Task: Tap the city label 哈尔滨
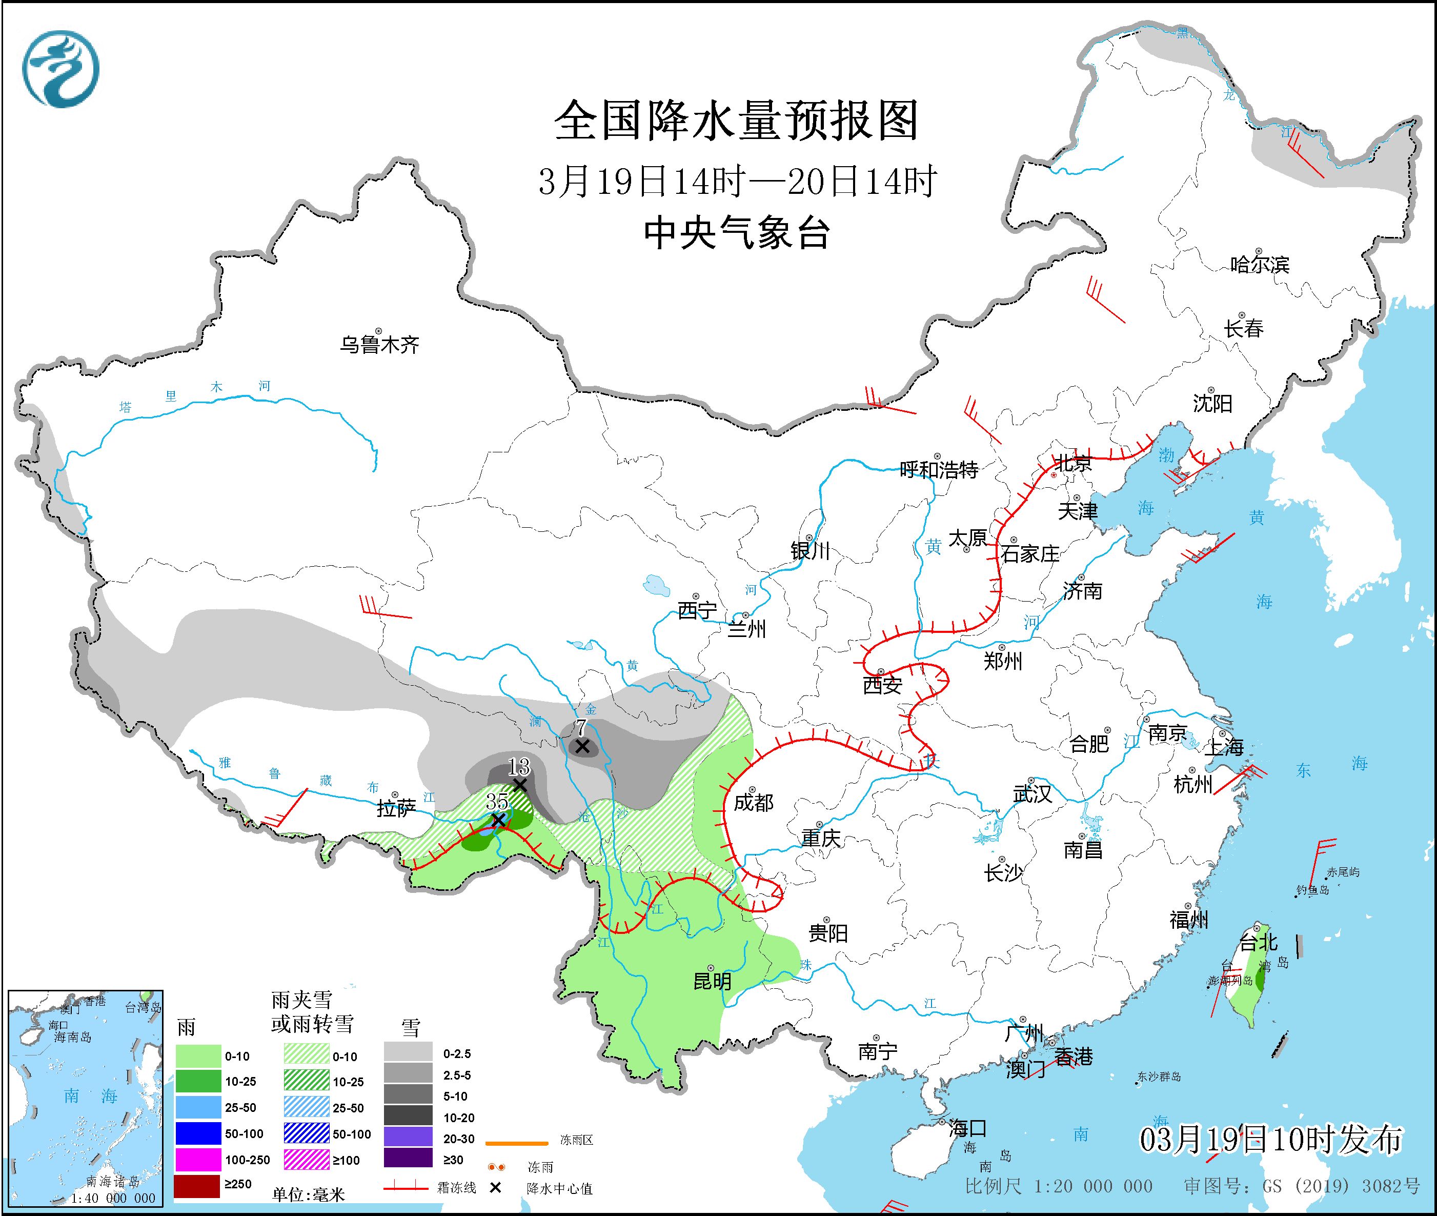pyautogui.click(x=1259, y=265)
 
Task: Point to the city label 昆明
pyautogui.click(x=712, y=981)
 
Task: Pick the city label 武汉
pyautogui.click(x=1033, y=793)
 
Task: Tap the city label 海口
pyautogui.click(x=967, y=1128)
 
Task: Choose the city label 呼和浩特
pyautogui.click(x=939, y=470)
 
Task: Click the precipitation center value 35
pyautogui.click(x=497, y=801)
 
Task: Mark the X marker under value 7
pyautogui.click(x=582, y=747)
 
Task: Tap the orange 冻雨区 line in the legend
pyautogui.click(x=517, y=1143)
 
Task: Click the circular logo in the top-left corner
pyautogui.click(x=60, y=69)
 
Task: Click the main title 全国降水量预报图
pyautogui.click(x=736, y=121)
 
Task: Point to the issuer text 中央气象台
pyautogui.click(x=736, y=233)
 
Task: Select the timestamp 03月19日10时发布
pyautogui.click(x=1270, y=1140)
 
